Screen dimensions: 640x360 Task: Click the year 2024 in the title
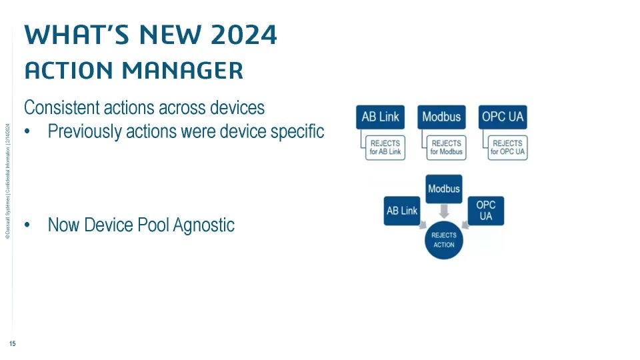(244, 35)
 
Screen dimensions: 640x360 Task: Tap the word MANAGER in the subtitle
(183, 70)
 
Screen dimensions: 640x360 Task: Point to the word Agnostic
(204, 225)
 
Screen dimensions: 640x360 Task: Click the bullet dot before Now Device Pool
(27, 225)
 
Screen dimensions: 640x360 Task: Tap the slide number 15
(12, 344)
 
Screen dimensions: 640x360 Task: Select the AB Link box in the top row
(381, 117)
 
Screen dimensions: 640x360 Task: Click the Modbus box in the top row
(441, 117)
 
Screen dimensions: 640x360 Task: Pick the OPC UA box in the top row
(503, 117)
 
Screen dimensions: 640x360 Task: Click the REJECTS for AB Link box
(385, 148)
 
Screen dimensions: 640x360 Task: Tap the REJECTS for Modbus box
(447, 148)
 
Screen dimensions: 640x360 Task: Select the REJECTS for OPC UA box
(508, 148)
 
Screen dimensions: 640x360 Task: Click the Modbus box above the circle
(444, 189)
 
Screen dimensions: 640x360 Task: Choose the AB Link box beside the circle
(402, 211)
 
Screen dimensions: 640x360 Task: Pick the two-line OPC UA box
(486, 211)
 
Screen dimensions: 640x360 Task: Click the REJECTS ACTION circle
(444, 240)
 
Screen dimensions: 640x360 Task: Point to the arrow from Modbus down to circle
(444, 211)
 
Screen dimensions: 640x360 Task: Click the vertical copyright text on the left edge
(7, 181)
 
